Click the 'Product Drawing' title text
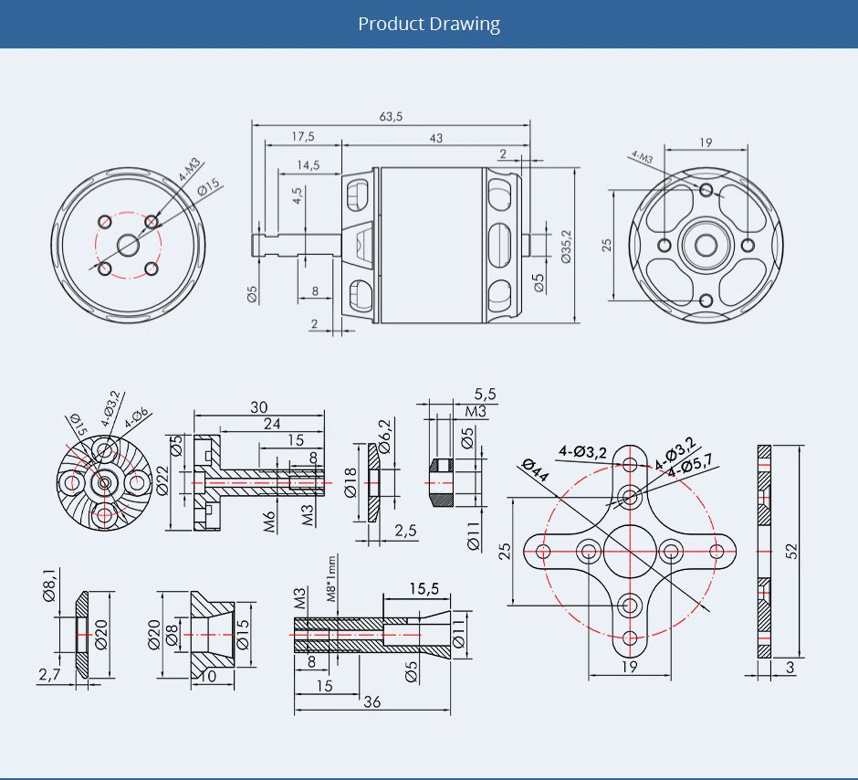click(429, 24)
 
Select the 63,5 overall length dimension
click(391, 117)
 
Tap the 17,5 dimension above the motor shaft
click(303, 137)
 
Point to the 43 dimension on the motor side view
click(435, 137)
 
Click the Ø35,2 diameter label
click(566, 247)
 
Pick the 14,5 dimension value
click(308, 165)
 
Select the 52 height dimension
click(791, 551)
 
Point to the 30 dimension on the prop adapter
click(259, 407)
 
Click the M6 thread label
click(270, 522)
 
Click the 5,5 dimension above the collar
click(486, 395)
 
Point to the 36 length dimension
click(372, 701)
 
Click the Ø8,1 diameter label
click(49, 585)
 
